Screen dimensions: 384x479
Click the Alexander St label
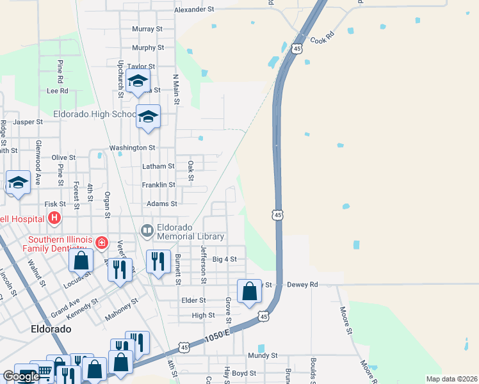point(194,10)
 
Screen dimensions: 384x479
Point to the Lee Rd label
point(57,91)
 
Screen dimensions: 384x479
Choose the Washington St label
point(133,148)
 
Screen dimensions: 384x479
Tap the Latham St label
point(158,166)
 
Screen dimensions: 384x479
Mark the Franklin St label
point(158,185)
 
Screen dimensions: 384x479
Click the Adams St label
point(161,204)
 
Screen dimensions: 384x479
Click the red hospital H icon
point(54,218)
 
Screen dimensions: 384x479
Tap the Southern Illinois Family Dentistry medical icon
point(101,243)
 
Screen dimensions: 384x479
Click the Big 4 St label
point(224,260)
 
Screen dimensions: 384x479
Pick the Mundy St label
point(263,355)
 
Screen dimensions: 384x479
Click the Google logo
point(20,376)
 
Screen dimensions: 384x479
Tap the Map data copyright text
point(451,379)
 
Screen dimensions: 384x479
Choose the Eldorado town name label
point(51,329)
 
